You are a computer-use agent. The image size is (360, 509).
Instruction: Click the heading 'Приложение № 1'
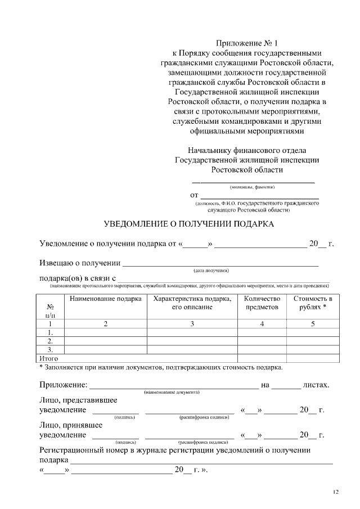[x=247, y=43]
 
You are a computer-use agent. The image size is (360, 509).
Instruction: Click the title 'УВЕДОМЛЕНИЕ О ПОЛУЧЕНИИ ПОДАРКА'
[x=189, y=224]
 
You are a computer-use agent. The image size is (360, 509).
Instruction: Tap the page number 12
[x=335, y=493]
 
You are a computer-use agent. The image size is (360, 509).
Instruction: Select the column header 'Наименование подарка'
[x=105, y=299]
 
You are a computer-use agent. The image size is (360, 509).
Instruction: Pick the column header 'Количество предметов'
[x=262, y=303]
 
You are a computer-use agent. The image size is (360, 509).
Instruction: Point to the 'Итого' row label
[x=47, y=358]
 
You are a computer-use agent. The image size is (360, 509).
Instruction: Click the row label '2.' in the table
[x=51, y=341]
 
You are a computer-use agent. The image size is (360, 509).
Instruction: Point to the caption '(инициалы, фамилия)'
[x=252, y=186]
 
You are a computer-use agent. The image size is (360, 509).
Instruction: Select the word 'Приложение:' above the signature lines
[x=64, y=385]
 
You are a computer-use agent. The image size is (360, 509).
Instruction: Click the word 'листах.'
[x=316, y=385]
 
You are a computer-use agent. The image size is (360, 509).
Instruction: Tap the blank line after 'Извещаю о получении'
[x=220, y=263]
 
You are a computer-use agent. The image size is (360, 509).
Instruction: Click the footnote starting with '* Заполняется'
[x=161, y=368]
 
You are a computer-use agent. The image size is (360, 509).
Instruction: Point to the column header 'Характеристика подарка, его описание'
[x=192, y=303]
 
